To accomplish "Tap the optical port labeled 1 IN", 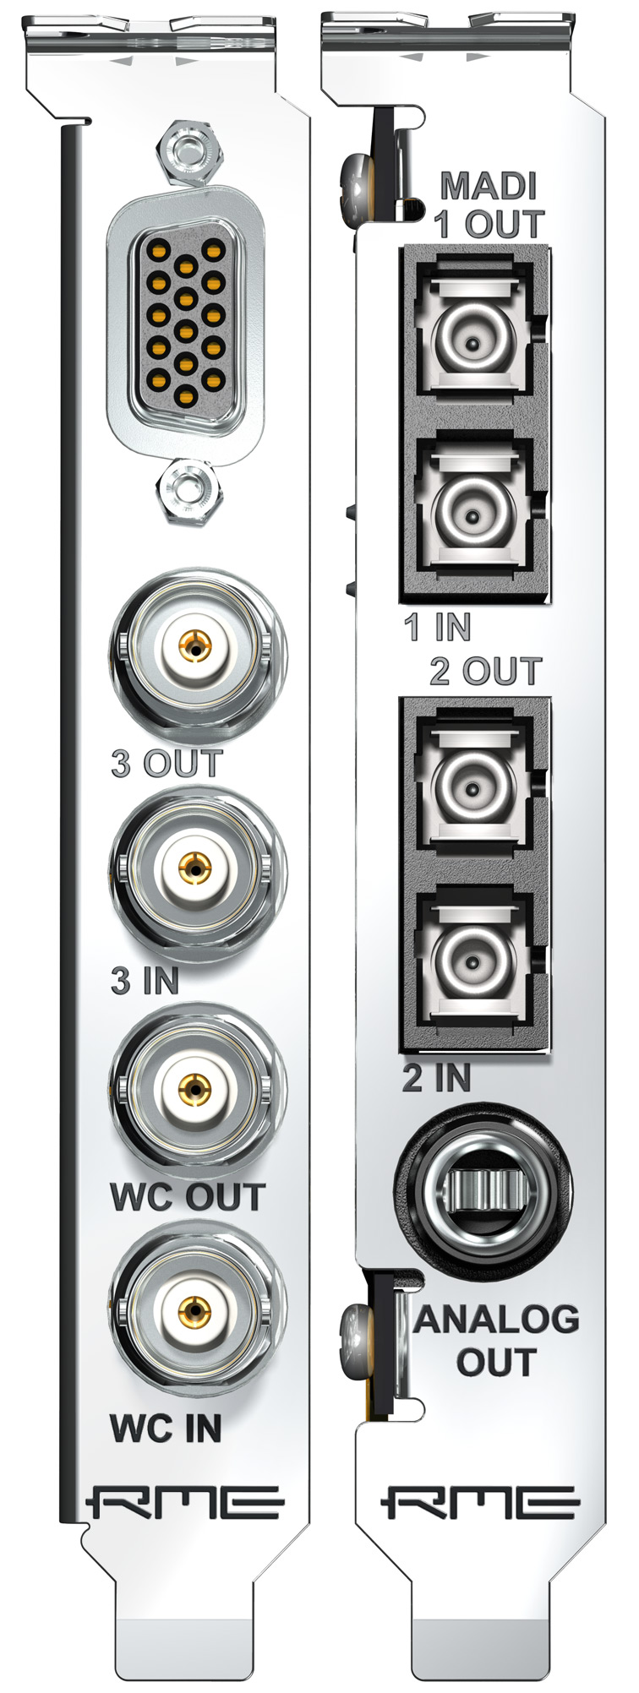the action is tap(473, 512).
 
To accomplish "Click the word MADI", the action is tap(489, 186).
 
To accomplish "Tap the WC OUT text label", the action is tap(188, 1198).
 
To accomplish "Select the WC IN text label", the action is tap(166, 1429).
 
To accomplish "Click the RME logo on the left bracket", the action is tap(184, 1503).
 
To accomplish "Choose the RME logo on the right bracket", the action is tap(480, 1503).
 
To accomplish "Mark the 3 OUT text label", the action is tap(167, 763).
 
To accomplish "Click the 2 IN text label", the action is tap(435, 1078).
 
